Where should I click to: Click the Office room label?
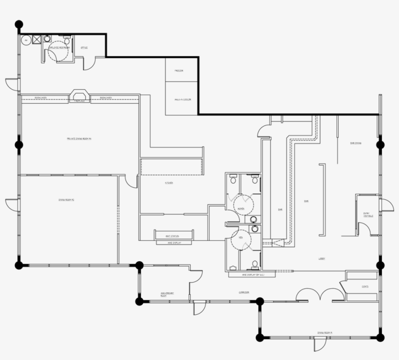[x=84, y=48]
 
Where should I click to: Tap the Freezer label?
[x=179, y=71]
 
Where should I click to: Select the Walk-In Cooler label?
[x=182, y=100]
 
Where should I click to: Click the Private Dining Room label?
[x=79, y=139]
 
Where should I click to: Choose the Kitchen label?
[x=169, y=183]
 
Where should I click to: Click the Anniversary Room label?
[x=167, y=294]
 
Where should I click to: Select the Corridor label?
[x=244, y=292]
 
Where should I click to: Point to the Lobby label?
[x=322, y=259]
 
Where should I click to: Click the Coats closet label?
[x=365, y=286]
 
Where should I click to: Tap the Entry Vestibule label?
[x=368, y=215]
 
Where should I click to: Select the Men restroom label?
[x=240, y=239]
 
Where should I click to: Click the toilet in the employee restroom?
[x=47, y=38]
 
